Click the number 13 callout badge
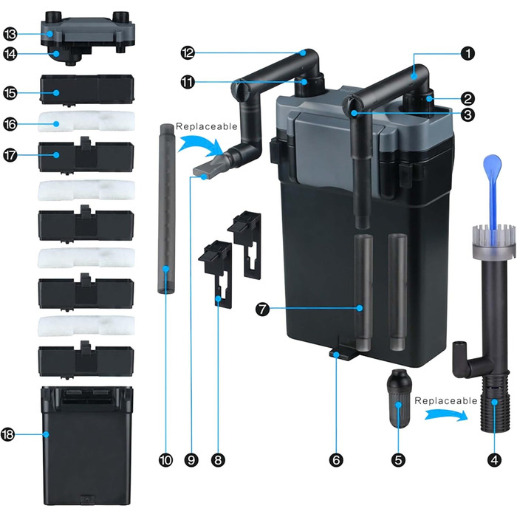click(x=10, y=34)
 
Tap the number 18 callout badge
click(x=7, y=434)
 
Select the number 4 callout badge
click(x=494, y=460)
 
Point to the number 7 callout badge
click(x=262, y=309)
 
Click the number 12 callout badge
click(x=188, y=52)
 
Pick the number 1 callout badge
click(x=468, y=53)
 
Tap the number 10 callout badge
click(x=165, y=460)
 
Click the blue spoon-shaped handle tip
click(x=493, y=165)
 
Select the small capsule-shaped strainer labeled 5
click(x=399, y=399)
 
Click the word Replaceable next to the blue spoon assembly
click(x=446, y=400)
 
